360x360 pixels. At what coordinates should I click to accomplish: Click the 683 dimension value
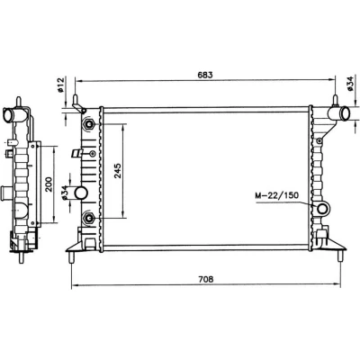coord(205,75)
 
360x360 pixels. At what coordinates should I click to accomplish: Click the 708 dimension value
coord(206,279)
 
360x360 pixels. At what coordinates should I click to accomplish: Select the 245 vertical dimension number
coord(118,171)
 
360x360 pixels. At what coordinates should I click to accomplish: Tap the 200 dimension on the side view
coord(49,184)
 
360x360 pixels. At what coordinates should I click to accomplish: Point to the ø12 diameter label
coord(60,85)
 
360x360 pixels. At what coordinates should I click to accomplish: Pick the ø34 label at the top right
coord(350,84)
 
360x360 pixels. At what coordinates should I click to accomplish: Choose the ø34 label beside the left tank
coord(63,193)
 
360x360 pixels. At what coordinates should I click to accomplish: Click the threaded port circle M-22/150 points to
coord(322,209)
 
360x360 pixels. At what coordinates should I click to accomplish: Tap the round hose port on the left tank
coord(81,193)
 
